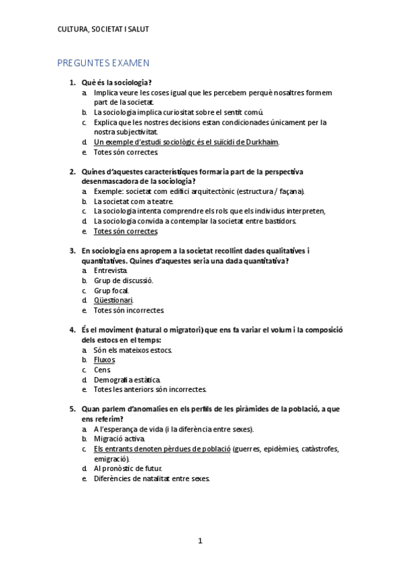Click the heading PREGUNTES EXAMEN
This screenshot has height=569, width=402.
point(103,63)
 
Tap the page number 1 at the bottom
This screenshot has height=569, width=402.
point(200,541)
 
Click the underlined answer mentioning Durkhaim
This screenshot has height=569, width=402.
point(186,142)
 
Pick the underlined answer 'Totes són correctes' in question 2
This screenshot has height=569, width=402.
point(125,231)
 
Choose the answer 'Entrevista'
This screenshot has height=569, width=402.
point(111,270)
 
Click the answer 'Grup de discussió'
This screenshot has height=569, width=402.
point(123,280)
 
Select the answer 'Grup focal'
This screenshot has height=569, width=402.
point(111,291)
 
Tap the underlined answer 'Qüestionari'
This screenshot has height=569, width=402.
point(113,301)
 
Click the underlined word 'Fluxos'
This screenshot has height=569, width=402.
point(105,360)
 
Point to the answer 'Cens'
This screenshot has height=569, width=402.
point(101,370)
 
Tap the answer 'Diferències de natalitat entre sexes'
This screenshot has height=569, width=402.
point(152,478)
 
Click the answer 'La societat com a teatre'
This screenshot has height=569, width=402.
point(134,201)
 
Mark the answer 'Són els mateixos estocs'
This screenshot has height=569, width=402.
point(133,350)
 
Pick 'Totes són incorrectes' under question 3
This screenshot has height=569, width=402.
point(129,311)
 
